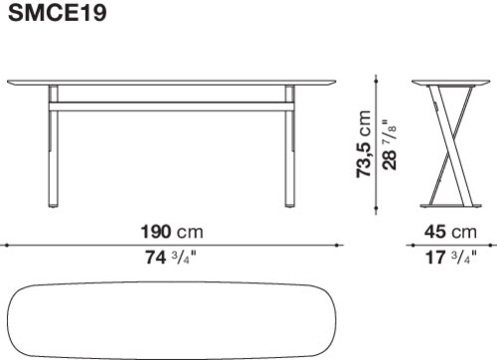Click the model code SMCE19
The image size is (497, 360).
(x=58, y=13)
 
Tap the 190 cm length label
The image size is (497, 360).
(x=172, y=232)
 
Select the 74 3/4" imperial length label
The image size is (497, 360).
(x=171, y=257)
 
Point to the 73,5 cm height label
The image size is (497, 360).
(x=363, y=144)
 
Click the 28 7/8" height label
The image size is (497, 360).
(x=390, y=145)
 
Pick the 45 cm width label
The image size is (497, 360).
(x=450, y=232)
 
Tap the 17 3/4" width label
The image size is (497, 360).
(x=451, y=257)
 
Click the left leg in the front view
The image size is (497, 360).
(x=53, y=146)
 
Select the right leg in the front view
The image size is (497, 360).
(x=290, y=146)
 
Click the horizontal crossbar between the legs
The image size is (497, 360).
(x=171, y=106)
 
